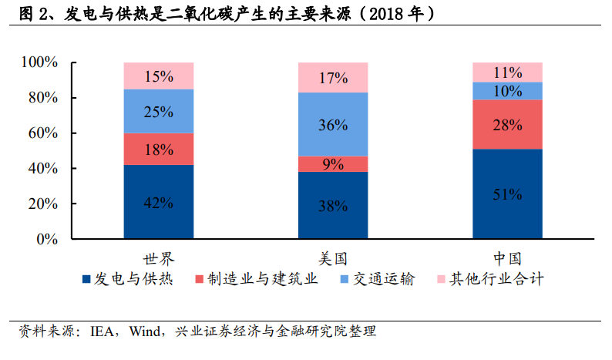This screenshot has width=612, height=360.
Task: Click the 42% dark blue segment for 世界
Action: pyautogui.click(x=159, y=201)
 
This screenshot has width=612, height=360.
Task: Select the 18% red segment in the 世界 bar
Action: pyautogui.click(x=159, y=149)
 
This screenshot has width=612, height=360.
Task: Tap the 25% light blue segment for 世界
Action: pyautogui.click(x=159, y=111)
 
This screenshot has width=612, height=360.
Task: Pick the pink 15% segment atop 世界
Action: pyautogui.click(x=159, y=76)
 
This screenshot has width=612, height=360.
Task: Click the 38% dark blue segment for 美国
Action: pyautogui.click(x=333, y=205)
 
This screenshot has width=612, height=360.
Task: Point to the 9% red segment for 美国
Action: pyautogui.click(x=333, y=164)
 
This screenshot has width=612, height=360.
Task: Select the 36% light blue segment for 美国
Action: pyautogui.click(x=333, y=124)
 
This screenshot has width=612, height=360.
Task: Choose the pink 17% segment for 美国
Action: pyautogui.click(x=333, y=77)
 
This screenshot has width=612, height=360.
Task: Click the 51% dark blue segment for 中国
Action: pyautogui.click(x=507, y=193)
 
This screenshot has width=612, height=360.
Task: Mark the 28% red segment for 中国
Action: pyautogui.click(x=507, y=125)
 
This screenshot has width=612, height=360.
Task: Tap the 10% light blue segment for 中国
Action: pyautogui.click(x=507, y=91)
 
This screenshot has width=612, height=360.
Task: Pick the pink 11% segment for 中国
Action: pyautogui.click(x=507, y=72)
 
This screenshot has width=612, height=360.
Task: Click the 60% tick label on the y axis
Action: pyautogui.click(x=43, y=133)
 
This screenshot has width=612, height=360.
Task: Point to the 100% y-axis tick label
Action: pyautogui.click(x=39, y=62)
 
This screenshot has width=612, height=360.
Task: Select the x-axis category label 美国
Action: pyautogui.click(x=333, y=258)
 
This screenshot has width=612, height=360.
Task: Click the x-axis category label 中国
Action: pyautogui.click(x=507, y=258)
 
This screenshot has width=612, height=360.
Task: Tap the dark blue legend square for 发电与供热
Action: pyautogui.click(x=86, y=279)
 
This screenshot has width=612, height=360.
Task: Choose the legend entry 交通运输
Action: pyautogui.click(x=378, y=279)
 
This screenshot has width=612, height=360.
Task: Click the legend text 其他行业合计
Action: pyautogui.click(x=496, y=279)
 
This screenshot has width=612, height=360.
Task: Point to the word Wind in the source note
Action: pyautogui.click(x=145, y=331)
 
